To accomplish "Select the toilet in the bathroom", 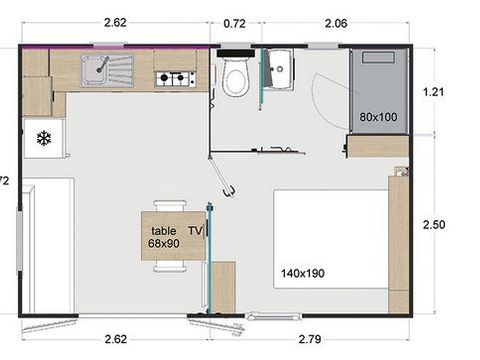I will pos(237,78).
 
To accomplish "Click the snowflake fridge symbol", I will pos(44,137).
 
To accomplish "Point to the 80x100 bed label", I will pos(379,117).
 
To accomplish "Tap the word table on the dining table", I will pos(163,230).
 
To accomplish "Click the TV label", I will pos(195,230).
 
